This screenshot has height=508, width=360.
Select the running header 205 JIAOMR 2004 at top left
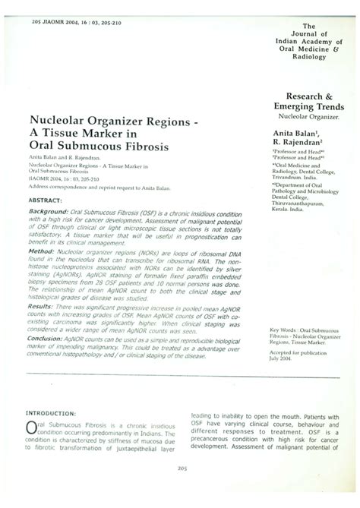tap(62, 12)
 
